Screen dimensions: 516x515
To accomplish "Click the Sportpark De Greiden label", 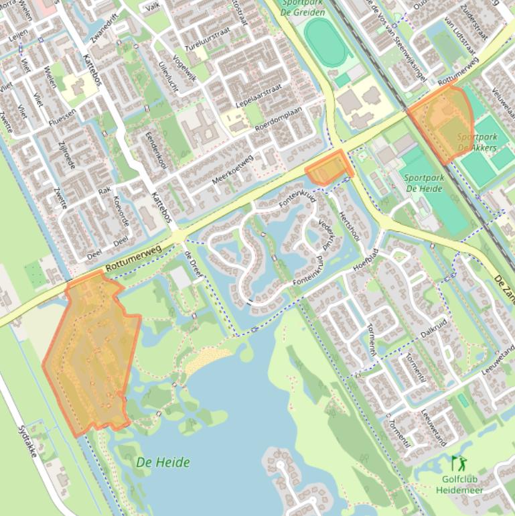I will [303, 7].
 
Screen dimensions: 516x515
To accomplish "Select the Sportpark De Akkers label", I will [477, 142].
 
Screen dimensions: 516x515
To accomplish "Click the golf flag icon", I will [458, 462].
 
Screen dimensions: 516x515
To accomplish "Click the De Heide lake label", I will [163, 462].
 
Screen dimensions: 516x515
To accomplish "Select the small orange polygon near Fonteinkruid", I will [328, 169].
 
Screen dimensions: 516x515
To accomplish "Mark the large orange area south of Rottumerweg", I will [90, 352].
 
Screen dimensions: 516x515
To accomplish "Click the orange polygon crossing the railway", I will [443, 121].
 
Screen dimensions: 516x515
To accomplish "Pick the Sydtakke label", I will [29, 441].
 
